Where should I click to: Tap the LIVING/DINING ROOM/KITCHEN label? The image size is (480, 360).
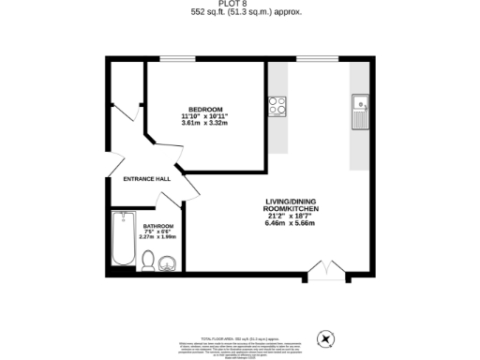coord(292,205)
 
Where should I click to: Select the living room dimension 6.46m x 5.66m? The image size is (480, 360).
coord(292,223)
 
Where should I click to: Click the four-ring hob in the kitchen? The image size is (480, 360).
coord(277,106)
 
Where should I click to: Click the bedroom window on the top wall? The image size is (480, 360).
coord(170,60)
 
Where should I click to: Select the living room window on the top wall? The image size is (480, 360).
coord(309,60)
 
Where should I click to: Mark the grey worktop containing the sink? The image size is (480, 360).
coord(361,117)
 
